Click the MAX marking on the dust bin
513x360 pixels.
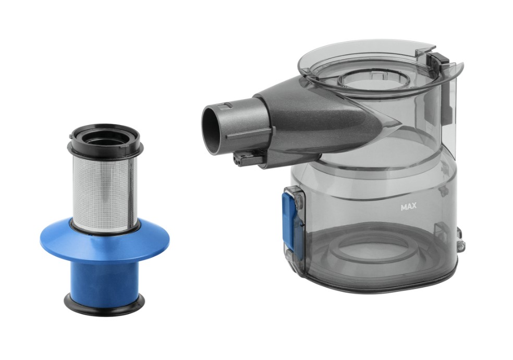408,207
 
